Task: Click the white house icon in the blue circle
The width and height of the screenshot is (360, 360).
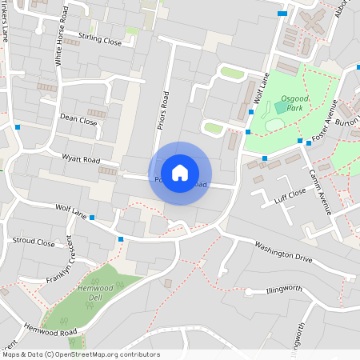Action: click(x=180, y=173)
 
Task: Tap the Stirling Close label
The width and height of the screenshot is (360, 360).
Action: click(x=99, y=39)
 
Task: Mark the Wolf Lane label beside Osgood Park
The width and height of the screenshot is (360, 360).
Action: click(x=258, y=87)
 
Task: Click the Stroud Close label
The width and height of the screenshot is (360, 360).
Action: click(x=34, y=241)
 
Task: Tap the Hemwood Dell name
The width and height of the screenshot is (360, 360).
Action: click(x=95, y=292)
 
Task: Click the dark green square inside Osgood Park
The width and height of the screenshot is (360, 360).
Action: click(x=280, y=106)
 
